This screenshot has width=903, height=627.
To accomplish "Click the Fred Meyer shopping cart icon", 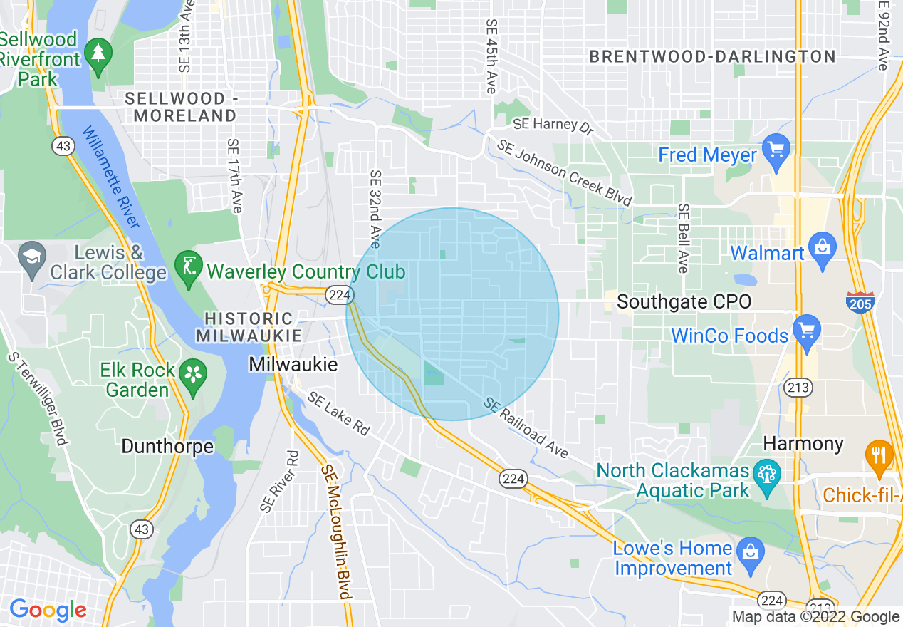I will pos(776,151).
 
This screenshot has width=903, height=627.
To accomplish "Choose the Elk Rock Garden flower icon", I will pos(192,373).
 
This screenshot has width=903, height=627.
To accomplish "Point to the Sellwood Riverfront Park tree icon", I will pos(98,54).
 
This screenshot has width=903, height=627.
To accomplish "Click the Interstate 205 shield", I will pos(857,302).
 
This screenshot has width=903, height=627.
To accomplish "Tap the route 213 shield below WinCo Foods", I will pos(795,388).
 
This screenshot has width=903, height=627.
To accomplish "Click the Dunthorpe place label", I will pos(167,447).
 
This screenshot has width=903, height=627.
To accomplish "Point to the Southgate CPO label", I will pos(684,302).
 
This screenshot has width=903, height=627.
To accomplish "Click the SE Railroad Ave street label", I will pos(526,428).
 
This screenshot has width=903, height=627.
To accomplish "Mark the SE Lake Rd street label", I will pos(339,413).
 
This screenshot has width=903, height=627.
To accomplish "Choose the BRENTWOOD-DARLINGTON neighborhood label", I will pos(712,57).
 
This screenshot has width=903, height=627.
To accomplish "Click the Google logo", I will pos(47,610).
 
